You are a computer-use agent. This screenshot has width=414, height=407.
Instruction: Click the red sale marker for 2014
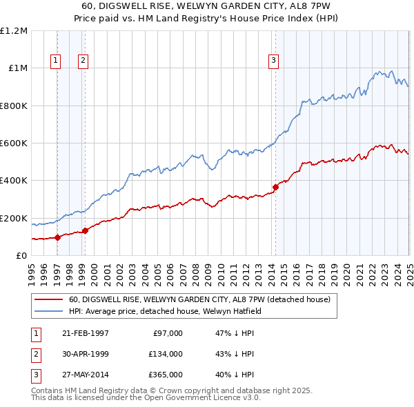click(275, 186)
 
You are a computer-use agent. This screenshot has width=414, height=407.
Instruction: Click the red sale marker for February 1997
click(57, 237)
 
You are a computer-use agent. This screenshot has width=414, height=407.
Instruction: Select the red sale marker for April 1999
click(85, 230)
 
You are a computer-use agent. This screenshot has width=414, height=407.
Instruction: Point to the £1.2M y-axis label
click(14, 31)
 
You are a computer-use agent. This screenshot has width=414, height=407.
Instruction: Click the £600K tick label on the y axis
click(14, 143)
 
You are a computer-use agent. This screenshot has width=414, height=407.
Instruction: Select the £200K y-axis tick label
click(14, 218)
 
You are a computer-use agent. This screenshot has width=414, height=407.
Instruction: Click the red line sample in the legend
click(48, 299)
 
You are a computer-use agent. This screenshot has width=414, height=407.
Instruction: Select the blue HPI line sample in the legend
click(48, 311)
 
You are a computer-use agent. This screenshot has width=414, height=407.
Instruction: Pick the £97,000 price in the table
click(166, 333)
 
